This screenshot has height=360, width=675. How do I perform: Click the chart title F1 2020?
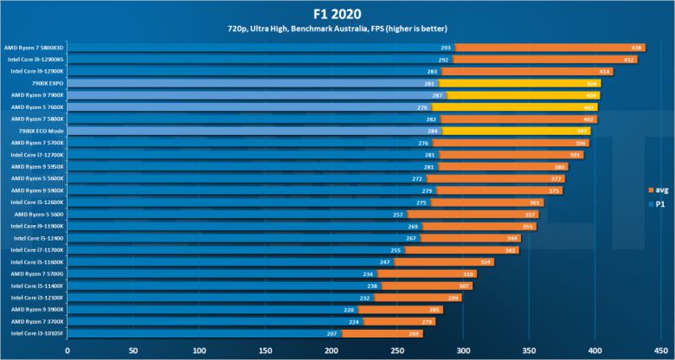(x=337, y=13)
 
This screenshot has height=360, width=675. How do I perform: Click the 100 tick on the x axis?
(x=199, y=350)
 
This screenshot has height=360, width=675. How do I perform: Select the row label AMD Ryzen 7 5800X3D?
(x=34, y=47)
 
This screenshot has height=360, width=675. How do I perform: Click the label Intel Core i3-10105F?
(x=37, y=332)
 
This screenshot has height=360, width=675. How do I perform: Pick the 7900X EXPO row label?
(x=47, y=83)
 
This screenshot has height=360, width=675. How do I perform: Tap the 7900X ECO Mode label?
(x=42, y=131)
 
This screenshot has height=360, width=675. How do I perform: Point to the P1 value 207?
(x=332, y=333)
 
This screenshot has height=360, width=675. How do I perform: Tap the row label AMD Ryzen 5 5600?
(x=40, y=214)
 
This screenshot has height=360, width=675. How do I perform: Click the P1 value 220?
(x=349, y=309)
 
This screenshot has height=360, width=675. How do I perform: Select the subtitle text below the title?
(x=337, y=31)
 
